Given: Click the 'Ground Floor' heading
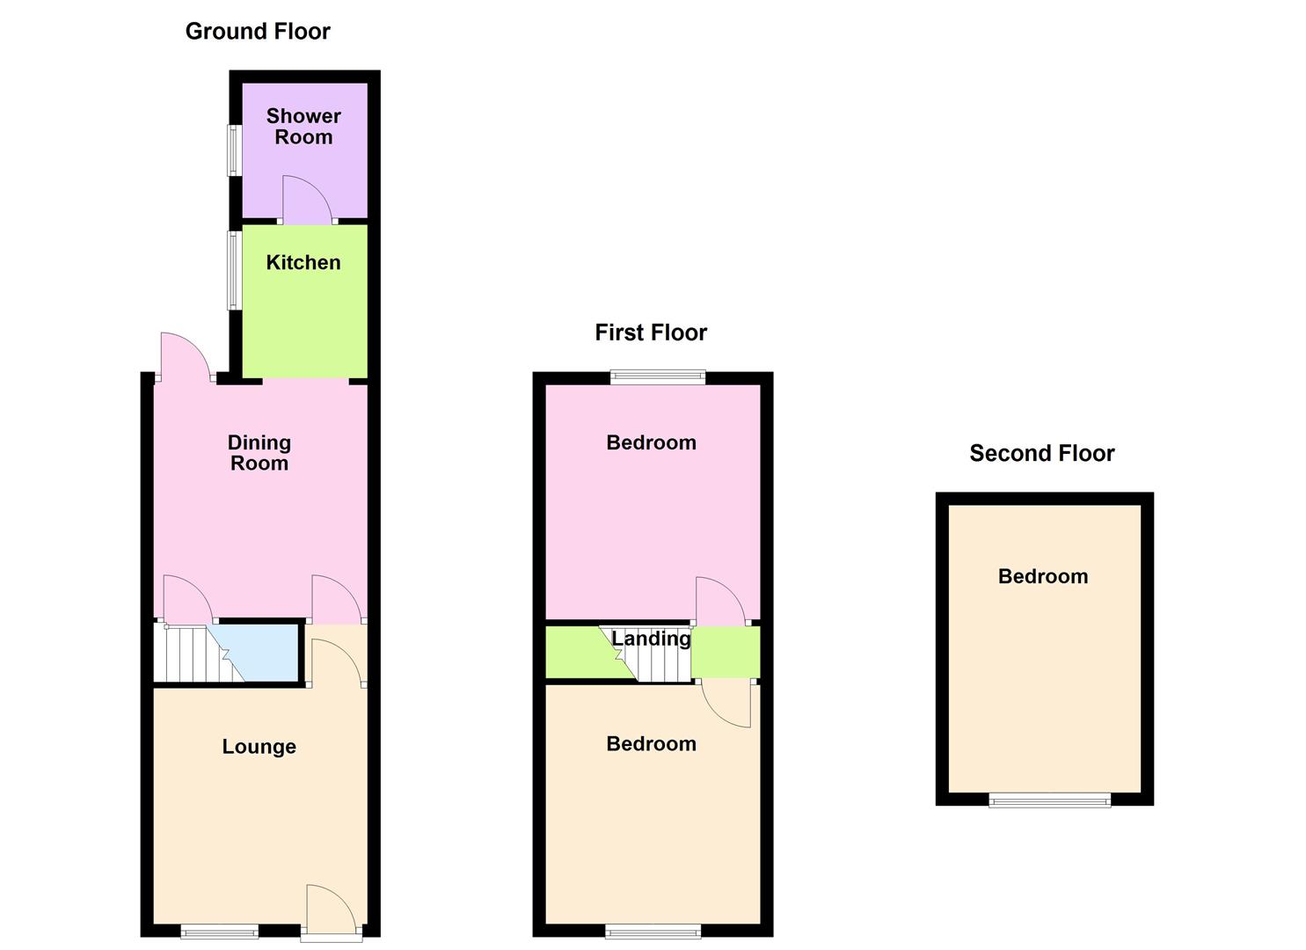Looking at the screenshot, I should pos(258,32).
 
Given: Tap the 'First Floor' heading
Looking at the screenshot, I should pos(651,332).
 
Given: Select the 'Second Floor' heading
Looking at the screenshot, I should pos(1042,453).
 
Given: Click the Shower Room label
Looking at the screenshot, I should pos(303,127).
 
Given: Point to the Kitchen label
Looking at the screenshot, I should pos(303,262).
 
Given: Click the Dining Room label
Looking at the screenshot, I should pos(259,453).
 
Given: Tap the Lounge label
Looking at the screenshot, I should pos(259,747).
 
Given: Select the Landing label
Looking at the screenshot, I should pos(652,639).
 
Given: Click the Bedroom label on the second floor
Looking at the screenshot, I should pos(1043,576).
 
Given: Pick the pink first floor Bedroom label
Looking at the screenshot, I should pos(652,442).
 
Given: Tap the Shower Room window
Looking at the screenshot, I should pos(234,150).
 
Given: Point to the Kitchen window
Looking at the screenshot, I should pos(234,270).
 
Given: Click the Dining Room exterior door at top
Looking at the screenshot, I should pos(184,357).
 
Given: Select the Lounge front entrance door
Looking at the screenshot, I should pos(331,910).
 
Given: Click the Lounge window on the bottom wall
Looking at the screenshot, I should pos(220,931).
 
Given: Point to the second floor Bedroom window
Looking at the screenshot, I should pos(1050,800).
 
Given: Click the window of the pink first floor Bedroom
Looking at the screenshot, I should pos(659,377).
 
